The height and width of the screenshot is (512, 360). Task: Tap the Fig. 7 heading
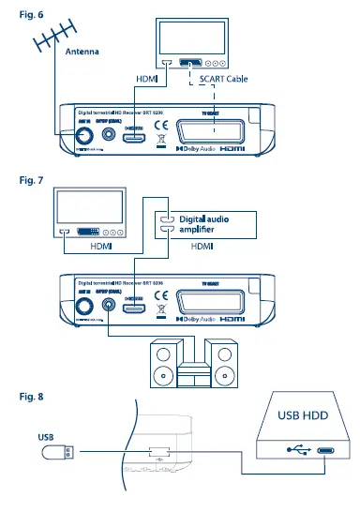tap(20, 179)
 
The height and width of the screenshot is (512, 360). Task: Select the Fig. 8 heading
tap(20, 397)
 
